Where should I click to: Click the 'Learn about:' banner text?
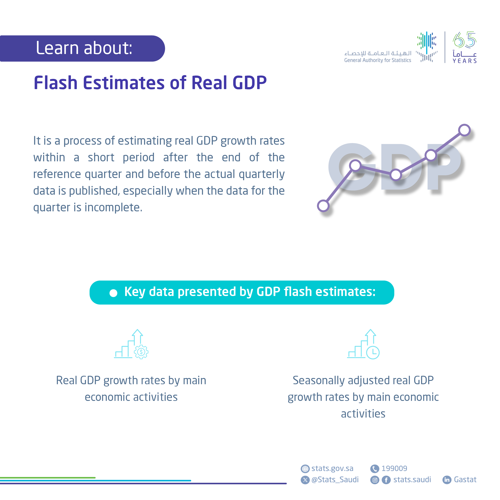[84, 48]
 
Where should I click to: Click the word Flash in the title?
[56, 83]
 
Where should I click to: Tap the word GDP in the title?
[250, 83]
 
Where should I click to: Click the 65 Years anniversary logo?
[464, 47]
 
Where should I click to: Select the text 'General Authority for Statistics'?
[377, 60]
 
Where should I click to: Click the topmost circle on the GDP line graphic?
[464, 130]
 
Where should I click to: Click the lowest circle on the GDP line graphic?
[323, 206]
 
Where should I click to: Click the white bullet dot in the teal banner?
[113, 293]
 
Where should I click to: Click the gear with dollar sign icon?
[141, 352]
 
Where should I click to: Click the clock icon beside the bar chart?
[373, 352]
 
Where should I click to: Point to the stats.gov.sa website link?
[332, 468]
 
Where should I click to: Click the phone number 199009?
[394, 468]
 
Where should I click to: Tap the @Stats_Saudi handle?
[335, 480]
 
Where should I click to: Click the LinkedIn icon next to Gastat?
[447, 480]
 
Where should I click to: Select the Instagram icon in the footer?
[374, 480]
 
